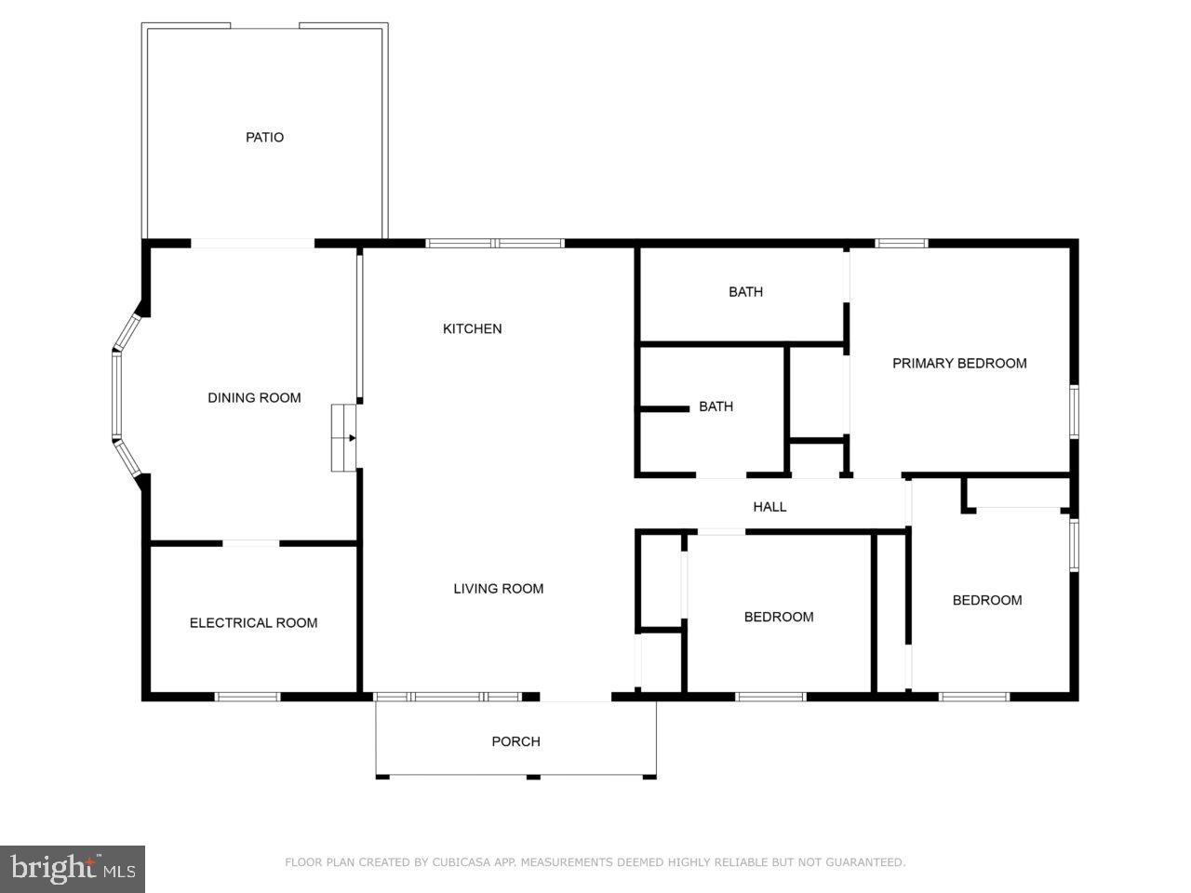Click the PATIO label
[264, 138]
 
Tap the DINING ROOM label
[254, 398]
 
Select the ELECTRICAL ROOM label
[253, 623]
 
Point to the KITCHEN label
[472, 329]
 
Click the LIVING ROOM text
[498, 589]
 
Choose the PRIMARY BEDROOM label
[959, 364]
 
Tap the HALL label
[769, 507]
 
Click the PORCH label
[515, 742]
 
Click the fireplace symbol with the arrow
[344, 437]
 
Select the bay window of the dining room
[118, 395]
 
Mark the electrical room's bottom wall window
[248, 696]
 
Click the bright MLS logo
[72, 869]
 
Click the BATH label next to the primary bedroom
[745, 292]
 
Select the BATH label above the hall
[716, 407]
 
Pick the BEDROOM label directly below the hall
[778, 618]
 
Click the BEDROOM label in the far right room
[986, 601]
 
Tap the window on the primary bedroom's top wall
[902, 244]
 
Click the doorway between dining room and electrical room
[250, 542]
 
